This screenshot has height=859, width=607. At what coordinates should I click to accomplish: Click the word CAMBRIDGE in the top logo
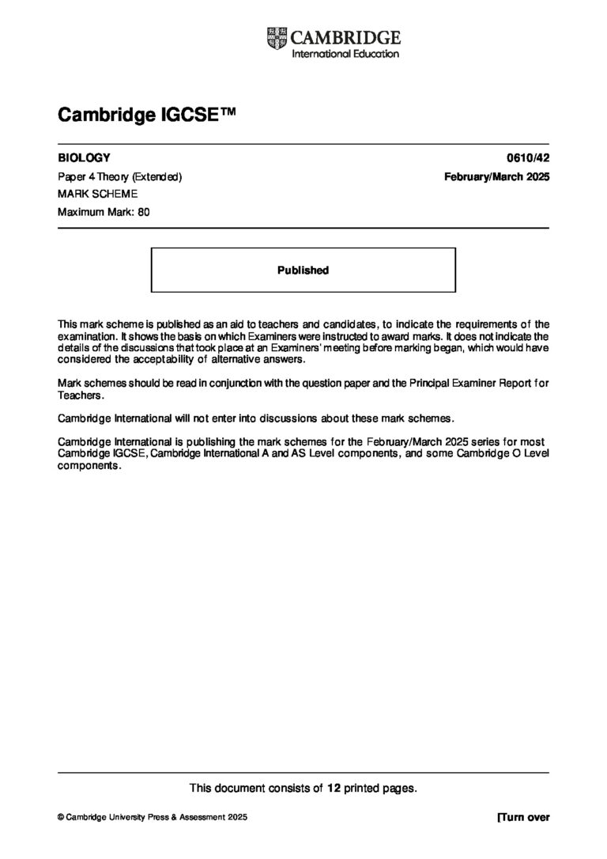[x=346, y=37]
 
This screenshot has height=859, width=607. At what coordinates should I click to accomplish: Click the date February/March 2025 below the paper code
[x=496, y=176]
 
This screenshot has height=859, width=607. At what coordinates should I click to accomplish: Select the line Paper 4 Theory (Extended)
[x=120, y=176]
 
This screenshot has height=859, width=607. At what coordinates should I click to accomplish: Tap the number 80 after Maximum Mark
[x=144, y=211]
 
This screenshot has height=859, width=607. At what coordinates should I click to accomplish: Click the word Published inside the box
[x=303, y=271]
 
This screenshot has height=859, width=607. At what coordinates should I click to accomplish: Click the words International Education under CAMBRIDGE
[x=345, y=54]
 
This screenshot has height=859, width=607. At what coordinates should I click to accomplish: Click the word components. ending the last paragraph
[x=90, y=465]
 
